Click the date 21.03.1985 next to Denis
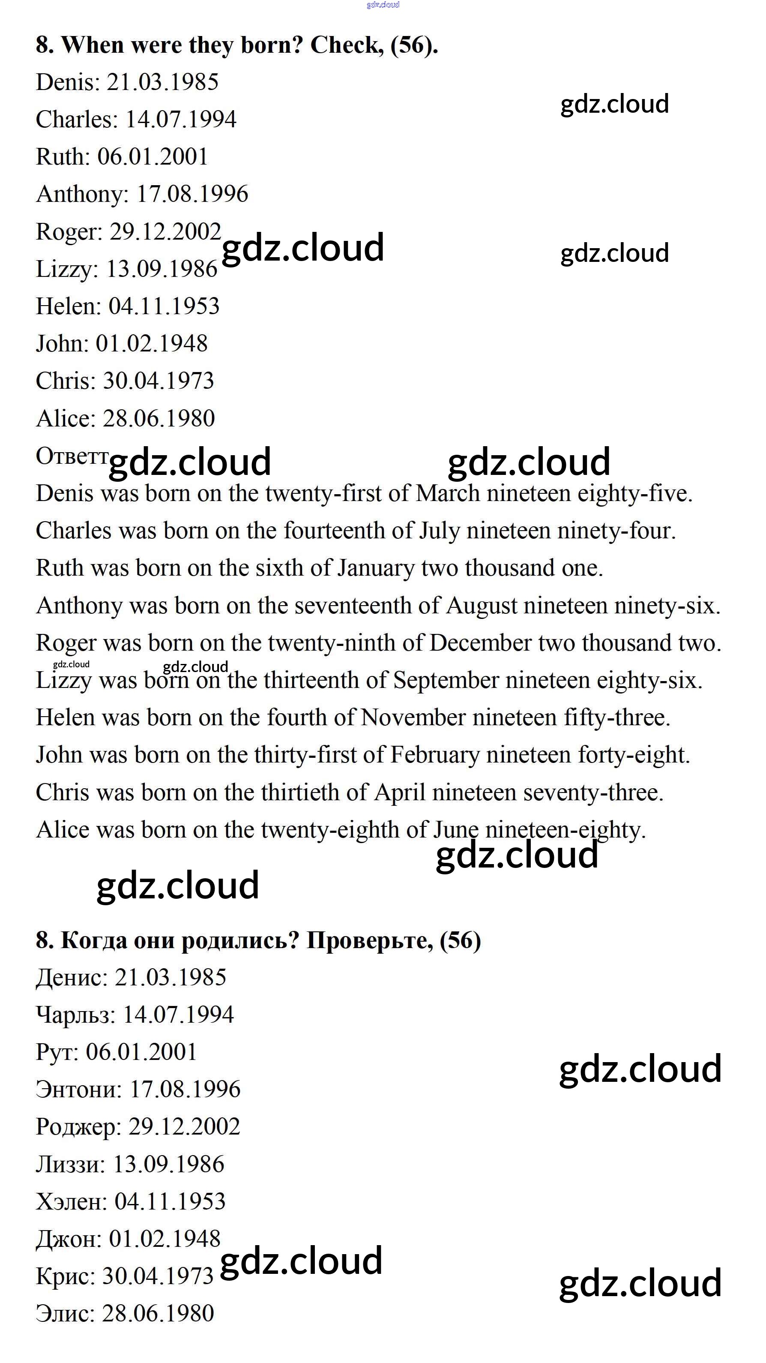click(162, 82)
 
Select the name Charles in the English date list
click(76, 120)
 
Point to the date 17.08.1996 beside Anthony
click(192, 194)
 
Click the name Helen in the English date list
click(67, 306)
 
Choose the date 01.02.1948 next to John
click(151, 344)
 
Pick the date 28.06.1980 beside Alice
click(159, 418)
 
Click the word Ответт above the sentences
click(72, 456)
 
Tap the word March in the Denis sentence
click(448, 494)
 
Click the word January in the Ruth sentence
click(376, 568)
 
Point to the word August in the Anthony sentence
click(482, 606)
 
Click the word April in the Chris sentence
click(400, 793)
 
